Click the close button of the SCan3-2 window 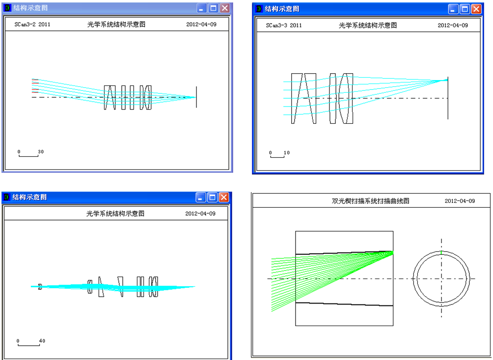point(224,8)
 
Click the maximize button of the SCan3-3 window point(465,9)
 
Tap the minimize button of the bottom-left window point(201,197)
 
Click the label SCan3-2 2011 point(32,24)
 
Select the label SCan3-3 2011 point(284,25)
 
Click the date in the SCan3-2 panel point(201,24)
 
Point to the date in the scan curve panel point(460,201)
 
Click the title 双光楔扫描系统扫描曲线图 point(370,201)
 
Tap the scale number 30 point(41,152)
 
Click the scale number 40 point(42,341)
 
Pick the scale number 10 point(287,153)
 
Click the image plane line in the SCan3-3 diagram point(448,98)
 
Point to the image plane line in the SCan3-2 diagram point(196,97)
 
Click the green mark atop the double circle point(441,252)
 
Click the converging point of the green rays point(392,252)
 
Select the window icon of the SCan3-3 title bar point(259,9)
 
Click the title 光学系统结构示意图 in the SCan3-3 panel point(368,25)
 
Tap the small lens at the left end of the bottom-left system point(40,287)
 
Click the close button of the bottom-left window point(223,197)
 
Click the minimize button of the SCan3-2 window point(201,8)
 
